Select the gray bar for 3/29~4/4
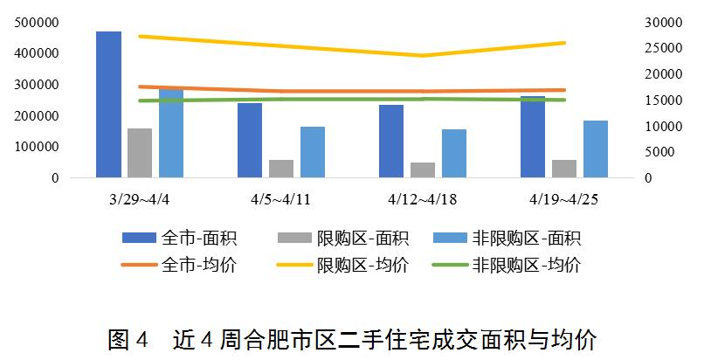pyautogui.click(x=140, y=154)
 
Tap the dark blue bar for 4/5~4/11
pyautogui.click(x=250, y=141)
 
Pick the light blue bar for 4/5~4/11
pyautogui.click(x=313, y=153)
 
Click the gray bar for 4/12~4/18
pyautogui.click(x=423, y=170)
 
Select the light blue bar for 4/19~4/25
pyautogui.click(x=596, y=149)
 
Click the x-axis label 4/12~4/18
pyautogui.click(x=422, y=199)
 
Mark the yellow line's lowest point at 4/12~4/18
pyautogui.click(x=423, y=56)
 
